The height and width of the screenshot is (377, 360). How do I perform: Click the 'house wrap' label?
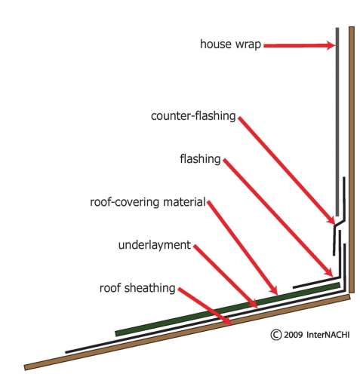(x=230, y=44)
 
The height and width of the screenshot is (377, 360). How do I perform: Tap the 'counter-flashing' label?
(x=193, y=116)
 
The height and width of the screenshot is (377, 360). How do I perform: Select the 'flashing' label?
(x=200, y=159)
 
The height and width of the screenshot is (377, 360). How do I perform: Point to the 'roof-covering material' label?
(x=148, y=202)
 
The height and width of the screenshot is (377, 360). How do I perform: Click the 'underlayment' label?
(x=155, y=245)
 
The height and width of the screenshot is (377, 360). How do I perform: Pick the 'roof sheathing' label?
(x=137, y=288)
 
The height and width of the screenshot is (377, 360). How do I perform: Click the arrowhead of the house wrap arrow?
(x=335, y=45)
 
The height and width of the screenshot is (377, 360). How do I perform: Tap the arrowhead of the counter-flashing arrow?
(x=334, y=222)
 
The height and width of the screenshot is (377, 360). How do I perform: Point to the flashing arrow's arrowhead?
(x=332, y=275)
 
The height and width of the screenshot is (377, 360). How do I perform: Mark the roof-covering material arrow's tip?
(x=277, y=294)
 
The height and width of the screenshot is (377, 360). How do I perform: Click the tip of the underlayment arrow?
(x=257, y=307)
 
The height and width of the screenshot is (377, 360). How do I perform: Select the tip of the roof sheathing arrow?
(x=230, y=323)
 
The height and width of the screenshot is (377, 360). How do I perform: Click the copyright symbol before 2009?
(x=276, y=335)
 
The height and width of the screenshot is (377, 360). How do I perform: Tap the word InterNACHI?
(x=328, y=335)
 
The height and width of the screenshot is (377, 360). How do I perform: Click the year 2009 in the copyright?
(x=293, y=335)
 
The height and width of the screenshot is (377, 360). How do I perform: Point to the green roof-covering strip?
(x=228, y=309)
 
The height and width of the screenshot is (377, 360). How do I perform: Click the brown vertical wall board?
(x=352, y=160)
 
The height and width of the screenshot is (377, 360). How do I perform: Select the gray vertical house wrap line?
(x=337, y=122)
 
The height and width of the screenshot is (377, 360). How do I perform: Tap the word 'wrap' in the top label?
(x=248, y=45)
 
